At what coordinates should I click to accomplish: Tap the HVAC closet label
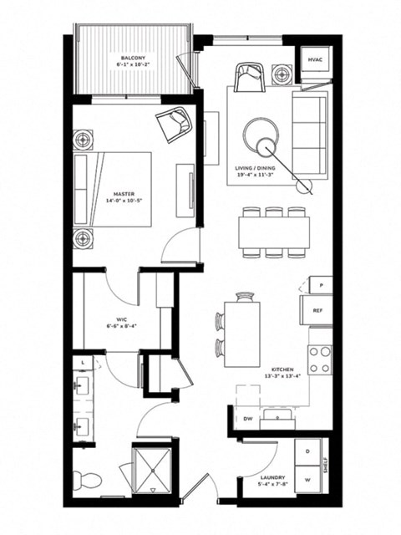[x=316, y=61]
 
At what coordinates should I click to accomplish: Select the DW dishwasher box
[x=248, y=418]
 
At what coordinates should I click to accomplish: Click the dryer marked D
[x=308, y=452]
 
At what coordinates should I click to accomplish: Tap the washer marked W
[x=308, y=481]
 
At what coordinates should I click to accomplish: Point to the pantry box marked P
[x=320, y=284]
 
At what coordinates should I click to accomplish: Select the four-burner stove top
[x=320, y=359]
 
